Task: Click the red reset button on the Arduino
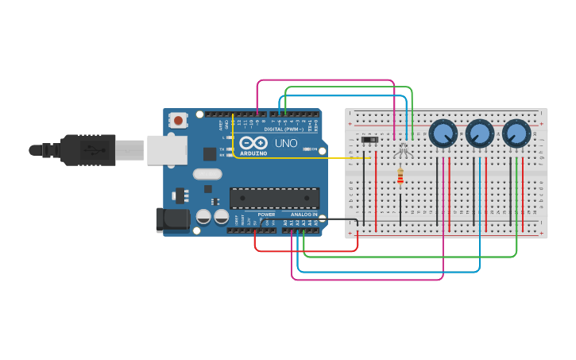179,121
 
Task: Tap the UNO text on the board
285,143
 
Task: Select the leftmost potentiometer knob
442,134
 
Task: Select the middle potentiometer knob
479,134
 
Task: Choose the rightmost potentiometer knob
516,134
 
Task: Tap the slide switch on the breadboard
369,141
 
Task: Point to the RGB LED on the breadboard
402,147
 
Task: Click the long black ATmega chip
274,198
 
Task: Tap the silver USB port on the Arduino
167,149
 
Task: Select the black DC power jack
173,220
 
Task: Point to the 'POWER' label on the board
266,215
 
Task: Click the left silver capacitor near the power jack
203,216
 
